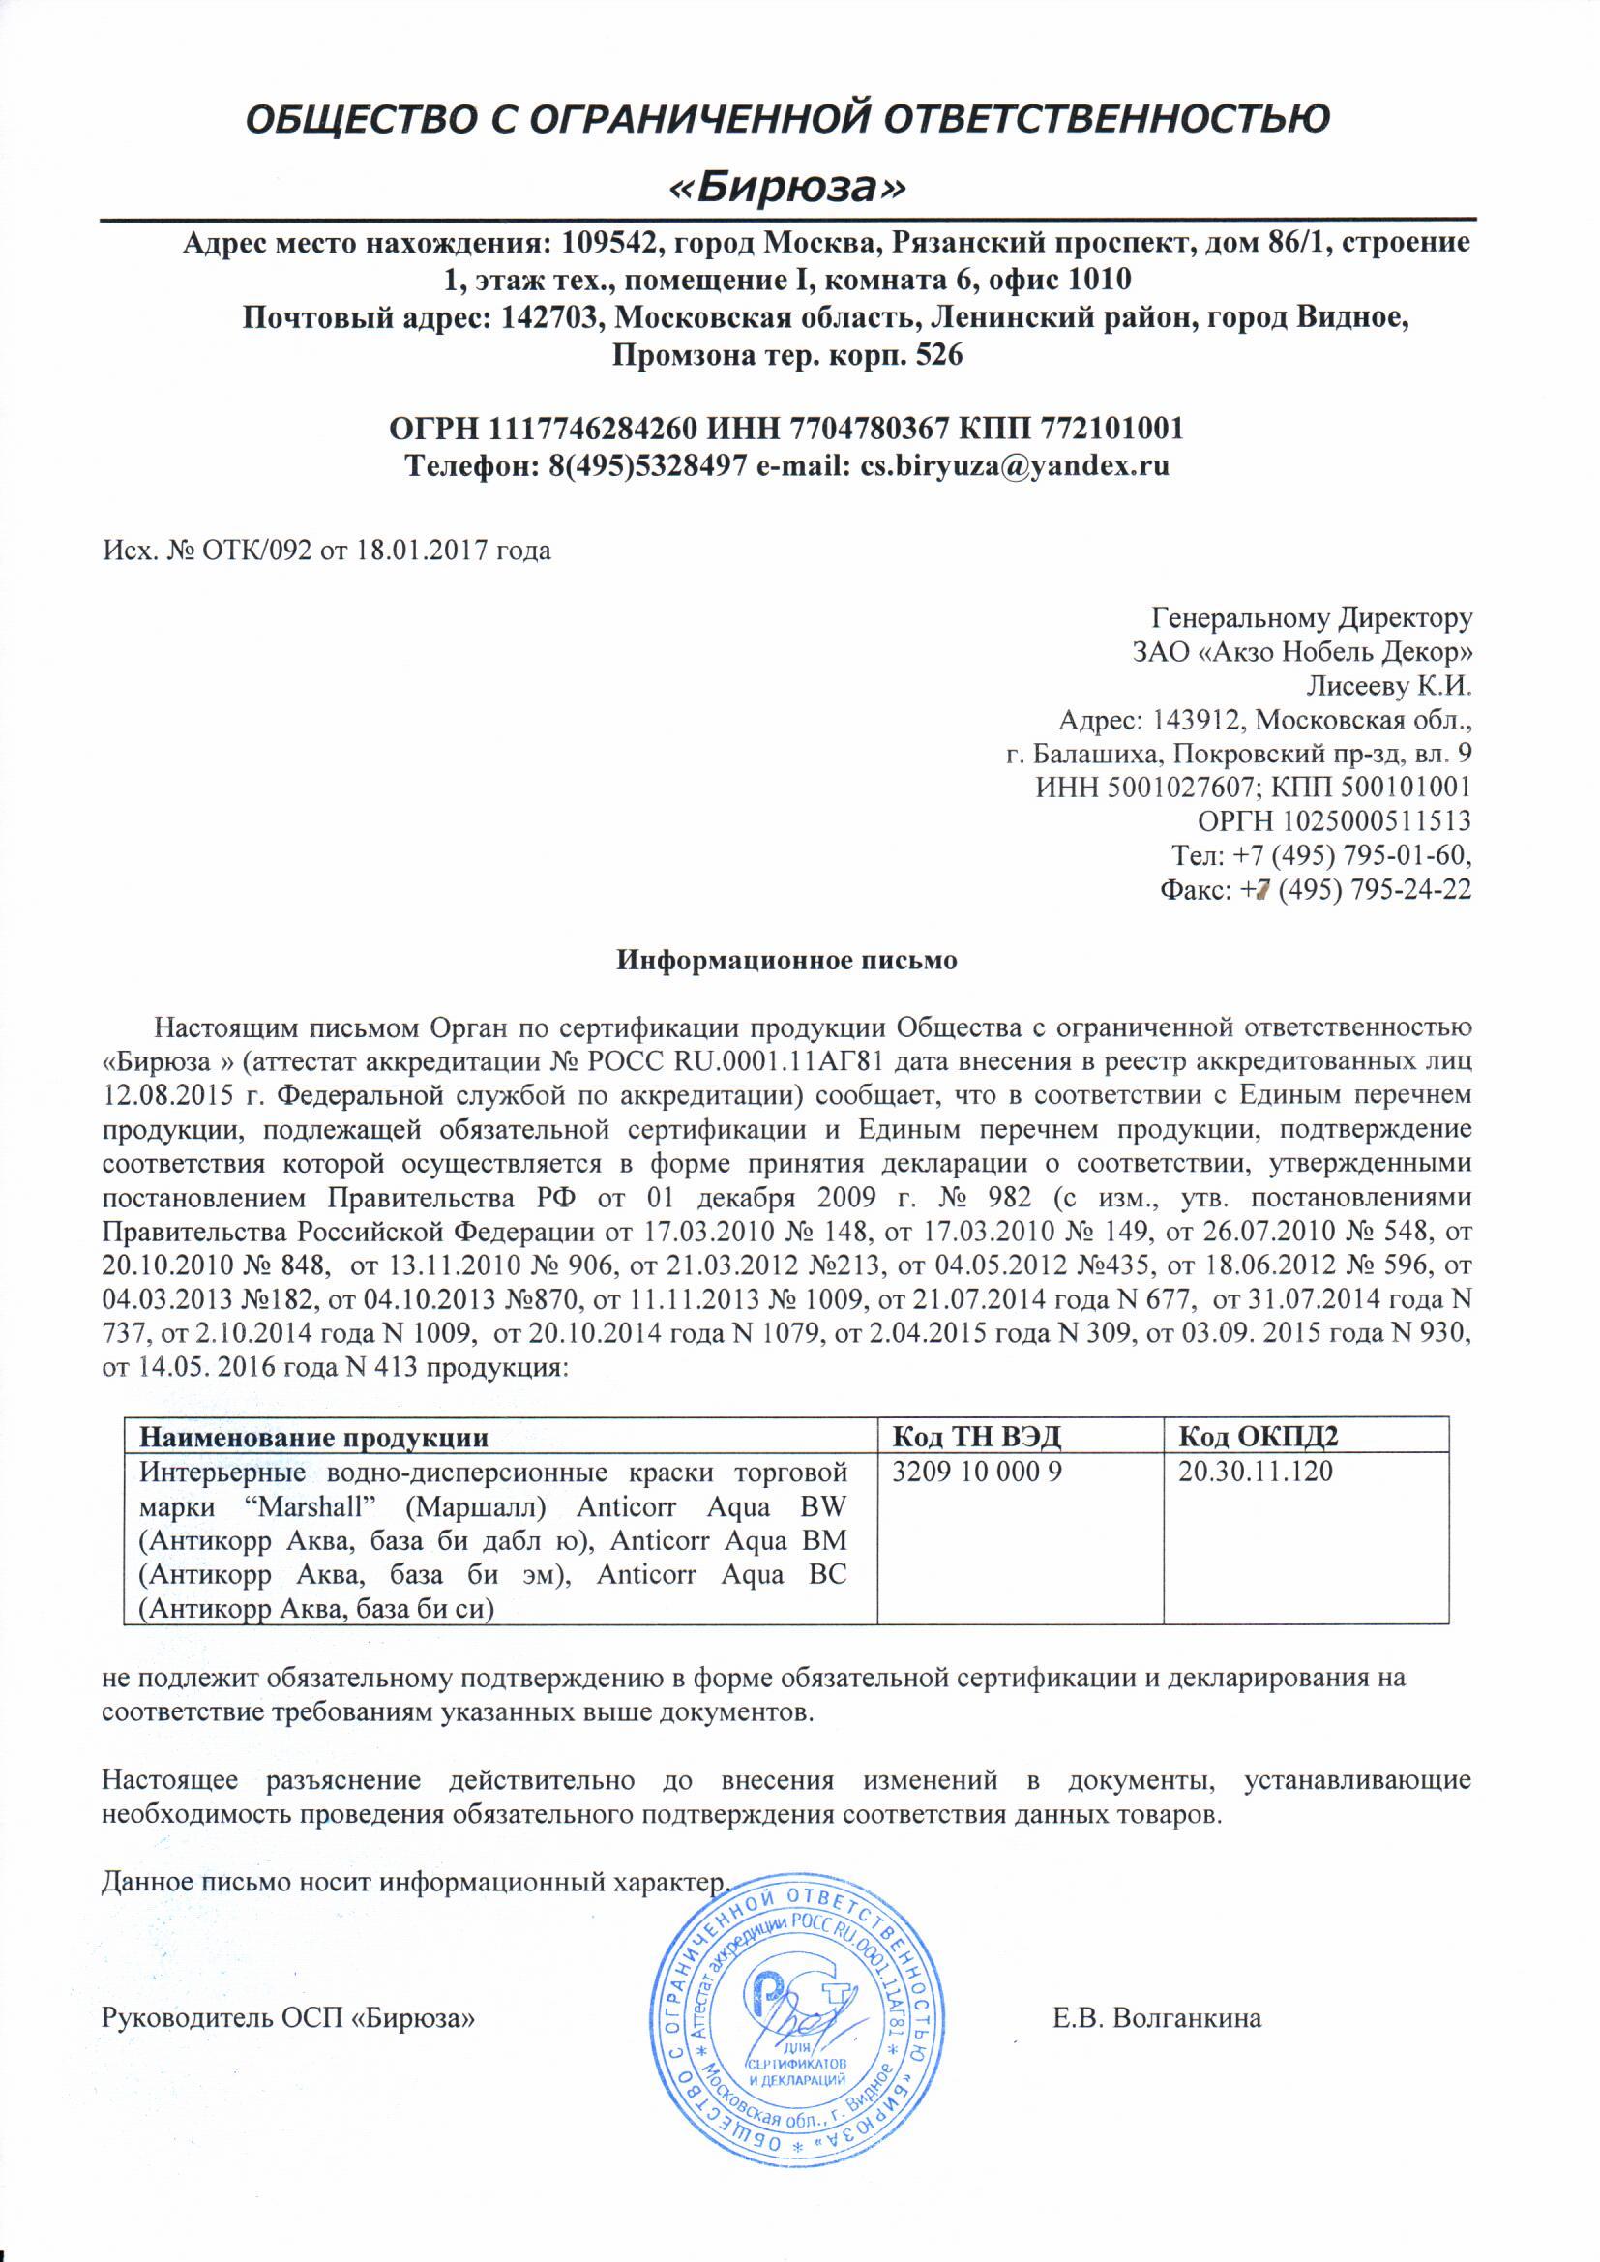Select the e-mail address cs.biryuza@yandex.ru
tap(1015, 464)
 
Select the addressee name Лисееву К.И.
tap(1389, 686)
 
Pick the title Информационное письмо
tap(786, 960)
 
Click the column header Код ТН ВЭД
tap(975, 1437)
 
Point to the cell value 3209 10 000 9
tap(976, 1472)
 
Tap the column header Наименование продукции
tap(313, 1437)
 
